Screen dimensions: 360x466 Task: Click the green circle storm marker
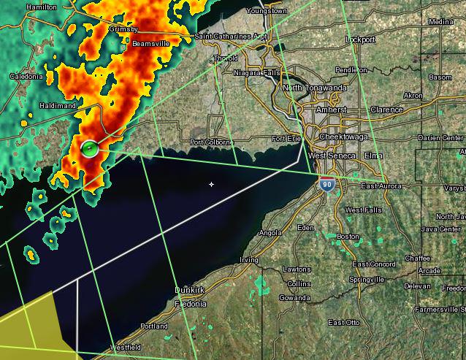coord(89,149)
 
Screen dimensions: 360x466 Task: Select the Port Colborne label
coord(211,142)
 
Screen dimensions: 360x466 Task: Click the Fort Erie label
coord(286,139)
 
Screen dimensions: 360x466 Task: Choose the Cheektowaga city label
coord(346,137)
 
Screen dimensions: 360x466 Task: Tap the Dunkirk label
coord(188,290)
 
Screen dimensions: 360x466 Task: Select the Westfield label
coord(125,347)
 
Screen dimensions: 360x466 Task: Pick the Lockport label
coord(360,39)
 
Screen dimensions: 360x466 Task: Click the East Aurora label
coord(381,186)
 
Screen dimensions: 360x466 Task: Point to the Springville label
coord(367,280)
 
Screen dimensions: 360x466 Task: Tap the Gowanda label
coord(294,298)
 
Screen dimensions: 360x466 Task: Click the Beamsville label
coord(150,44)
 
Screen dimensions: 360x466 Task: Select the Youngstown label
coord(266,11)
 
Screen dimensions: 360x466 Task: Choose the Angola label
coord(270,233)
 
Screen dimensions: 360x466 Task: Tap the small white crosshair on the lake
coord(212,184)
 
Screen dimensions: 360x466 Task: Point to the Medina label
coord(441,22)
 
